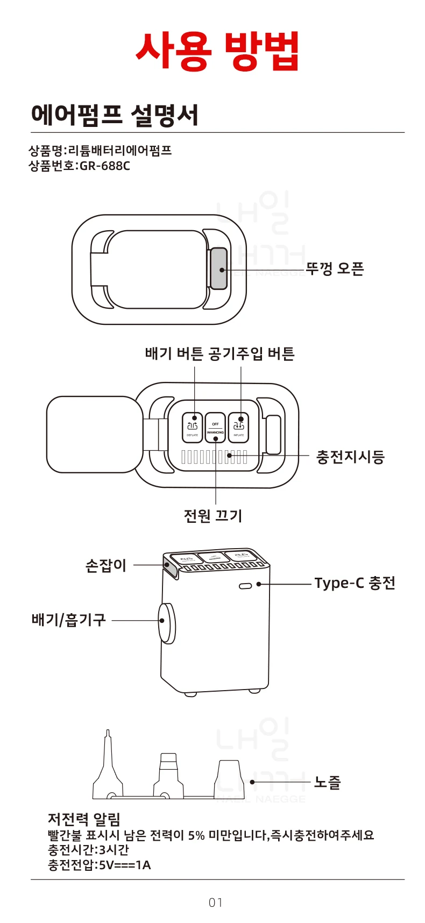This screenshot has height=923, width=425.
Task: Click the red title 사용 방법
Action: (x=217, y=51)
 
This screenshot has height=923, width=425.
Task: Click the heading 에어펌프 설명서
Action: (x=115, y=115)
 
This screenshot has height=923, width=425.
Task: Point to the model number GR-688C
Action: (x=105, y=166)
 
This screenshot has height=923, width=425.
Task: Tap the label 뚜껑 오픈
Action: (x=335, y=268)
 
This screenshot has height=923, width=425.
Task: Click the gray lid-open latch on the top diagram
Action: (x=218, y=269)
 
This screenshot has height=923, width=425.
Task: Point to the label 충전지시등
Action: (x=350, y=457)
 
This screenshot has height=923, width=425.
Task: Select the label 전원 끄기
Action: (x=213, y=516)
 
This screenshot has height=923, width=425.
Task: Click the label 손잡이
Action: (x=106, y=565)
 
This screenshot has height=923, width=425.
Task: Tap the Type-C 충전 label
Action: (x=355, y=583)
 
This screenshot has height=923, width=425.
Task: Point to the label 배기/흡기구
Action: (x=68, y=620)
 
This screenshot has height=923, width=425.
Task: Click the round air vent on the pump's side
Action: (x=167, y=623)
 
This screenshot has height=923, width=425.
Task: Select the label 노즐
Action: (x=328, y=782)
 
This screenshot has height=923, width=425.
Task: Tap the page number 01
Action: (x=216, y=902)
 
